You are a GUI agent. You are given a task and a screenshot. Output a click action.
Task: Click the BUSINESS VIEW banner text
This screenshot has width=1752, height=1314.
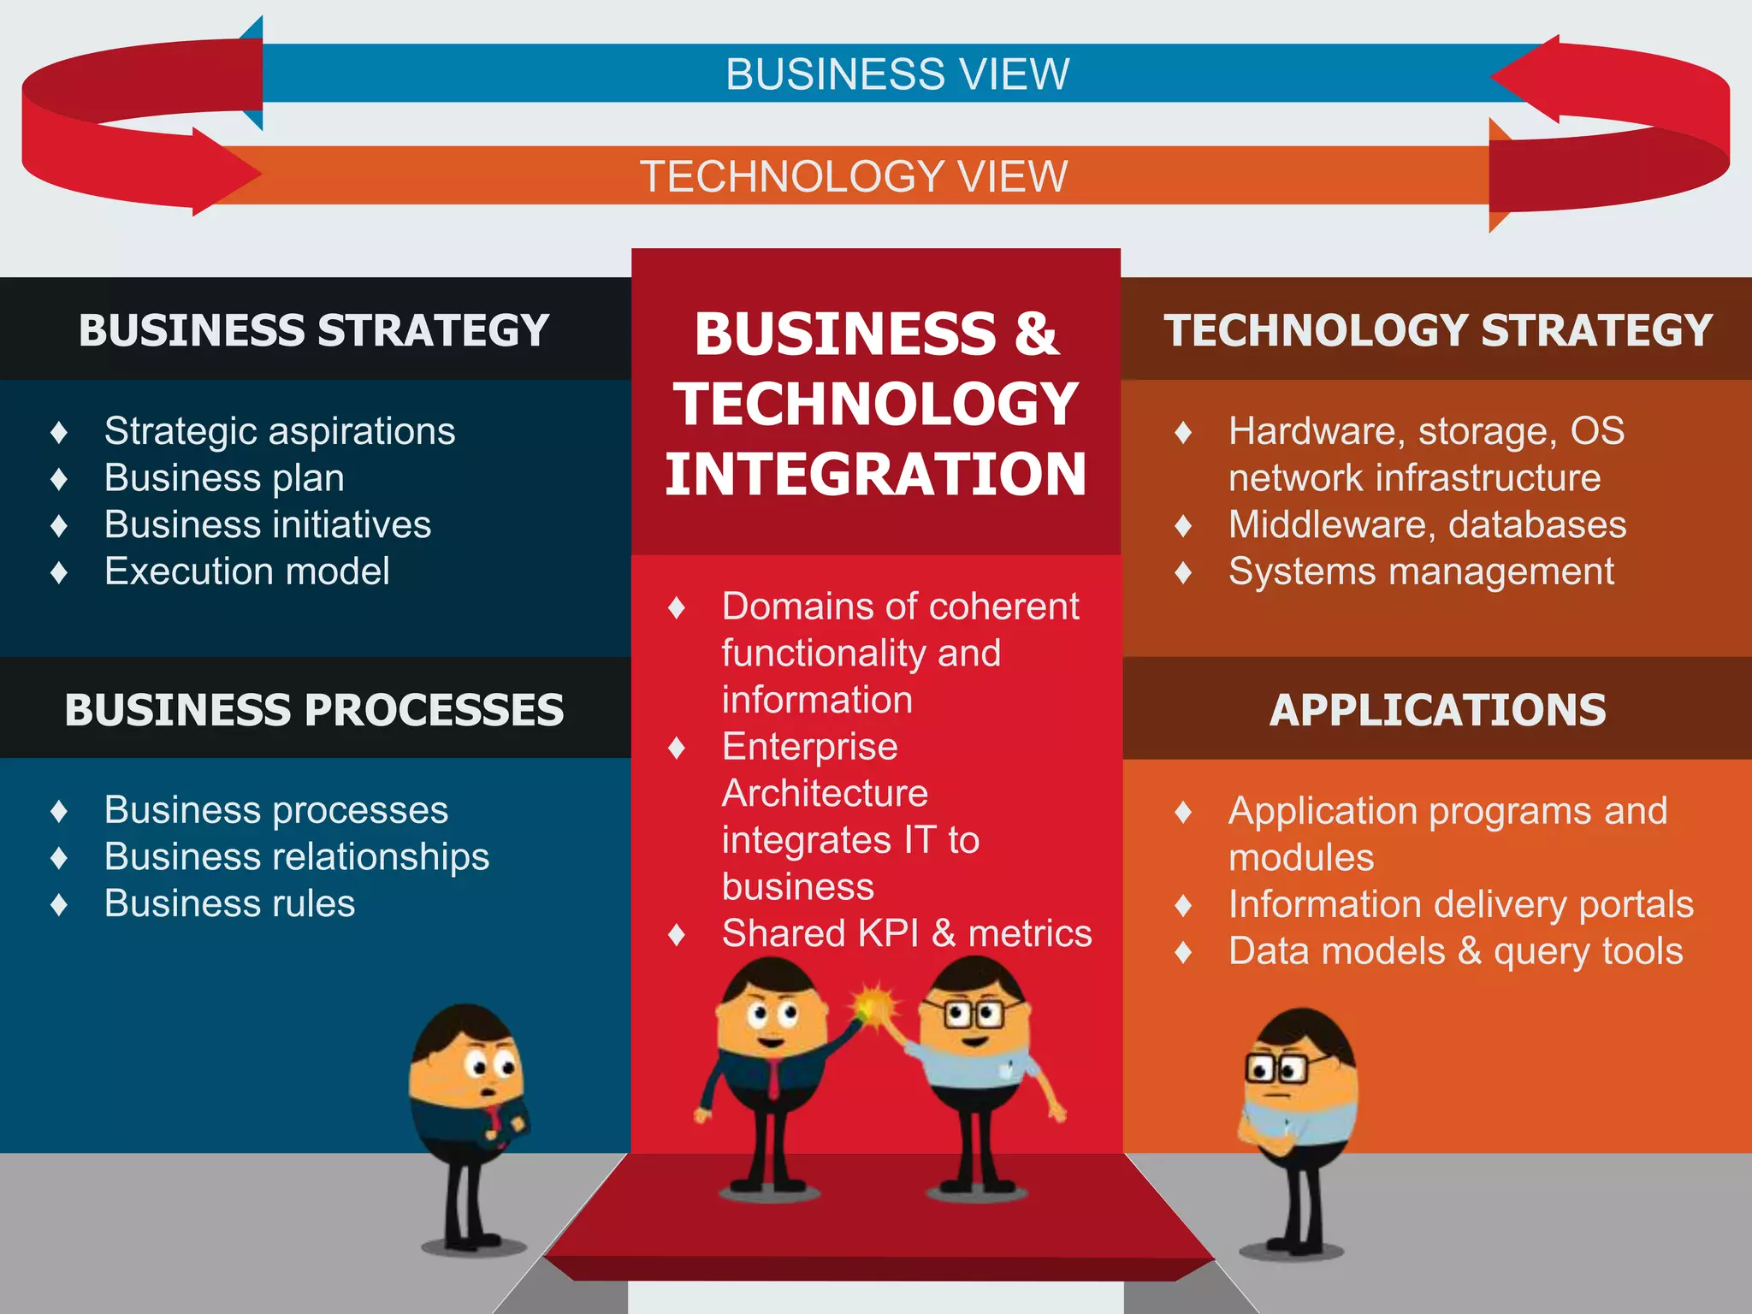(x=897, y=74)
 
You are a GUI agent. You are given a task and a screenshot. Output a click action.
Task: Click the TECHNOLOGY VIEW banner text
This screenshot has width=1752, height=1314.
(x=854, y=176)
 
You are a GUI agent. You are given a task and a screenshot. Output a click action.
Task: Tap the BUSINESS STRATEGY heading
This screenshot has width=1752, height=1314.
(x=313, y=330)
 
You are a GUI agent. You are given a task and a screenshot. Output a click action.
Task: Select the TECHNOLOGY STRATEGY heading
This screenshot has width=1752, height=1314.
(x=1437, y=330)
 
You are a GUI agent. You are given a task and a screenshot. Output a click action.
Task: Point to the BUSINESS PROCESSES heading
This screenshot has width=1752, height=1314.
(x=313, y=710)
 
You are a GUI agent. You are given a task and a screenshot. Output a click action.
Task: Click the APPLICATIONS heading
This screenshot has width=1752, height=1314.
(x=1437, y=710)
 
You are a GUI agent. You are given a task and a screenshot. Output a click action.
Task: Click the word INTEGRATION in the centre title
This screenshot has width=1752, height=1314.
(x=875, y=475)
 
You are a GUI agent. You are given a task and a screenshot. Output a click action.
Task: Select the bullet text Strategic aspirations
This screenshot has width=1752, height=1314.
(x=279, y=430)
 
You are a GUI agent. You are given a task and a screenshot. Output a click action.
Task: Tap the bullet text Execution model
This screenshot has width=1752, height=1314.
(x=246, y=571)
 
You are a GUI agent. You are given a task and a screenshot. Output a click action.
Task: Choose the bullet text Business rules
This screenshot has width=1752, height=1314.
(x=229, y=903)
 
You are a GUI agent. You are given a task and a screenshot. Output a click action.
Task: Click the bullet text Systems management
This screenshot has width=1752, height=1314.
(x=1420, y=571)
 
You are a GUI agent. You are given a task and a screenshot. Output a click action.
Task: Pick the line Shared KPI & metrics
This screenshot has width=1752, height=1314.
(x=907, y=933)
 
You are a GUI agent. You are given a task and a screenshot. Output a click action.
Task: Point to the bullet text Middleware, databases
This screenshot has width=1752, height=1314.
(x=1427, y=524)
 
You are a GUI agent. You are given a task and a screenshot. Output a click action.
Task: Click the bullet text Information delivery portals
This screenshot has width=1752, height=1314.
(x=1460, y=904)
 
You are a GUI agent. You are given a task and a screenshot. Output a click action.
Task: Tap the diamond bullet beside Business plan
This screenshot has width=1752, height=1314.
(x=59, y=478)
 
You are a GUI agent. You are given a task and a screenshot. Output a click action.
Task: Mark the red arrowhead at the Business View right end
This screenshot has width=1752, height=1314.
(x=1531, y=78)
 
